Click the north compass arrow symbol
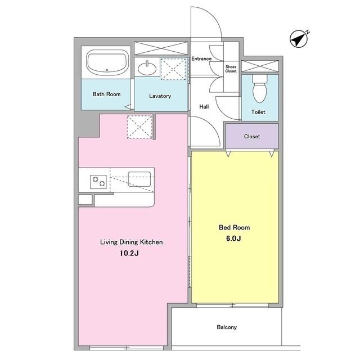[299, 39]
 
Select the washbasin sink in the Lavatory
[147, 67]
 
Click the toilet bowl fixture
[260, 88]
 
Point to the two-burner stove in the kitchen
[98, 182]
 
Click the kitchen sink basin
[139, 179]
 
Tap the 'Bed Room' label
[234, 227]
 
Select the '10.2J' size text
[129, 253]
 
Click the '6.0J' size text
[233, 238]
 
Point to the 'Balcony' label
[227, 327]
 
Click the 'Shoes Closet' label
[231, 69]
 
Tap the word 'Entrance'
[201, 58]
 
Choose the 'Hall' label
[204, 106]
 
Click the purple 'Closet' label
[252, 136]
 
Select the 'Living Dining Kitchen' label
[131, 242]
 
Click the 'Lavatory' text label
[160, 96]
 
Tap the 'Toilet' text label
[258, 112]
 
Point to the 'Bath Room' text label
[106, 94]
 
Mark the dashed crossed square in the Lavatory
[173, 69]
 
